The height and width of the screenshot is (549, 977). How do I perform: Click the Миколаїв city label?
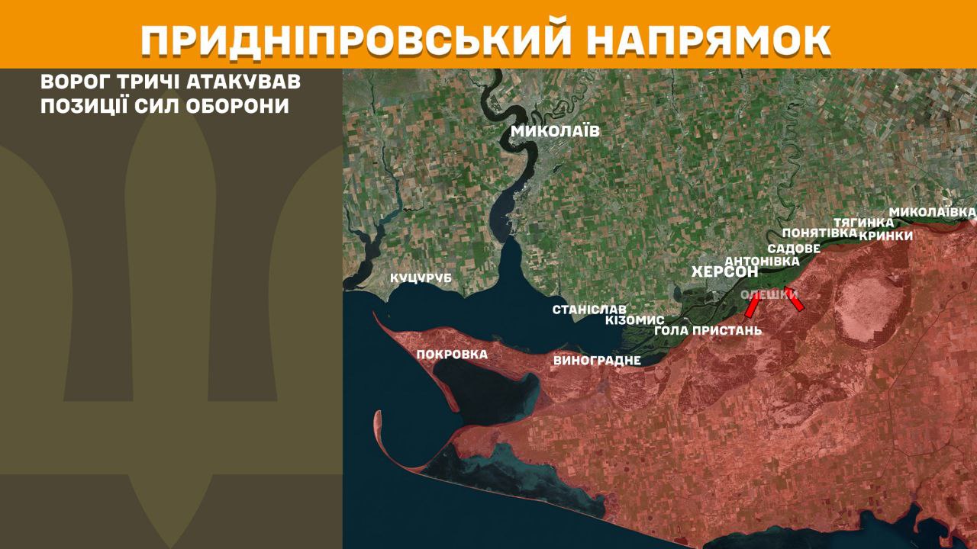point(555,131)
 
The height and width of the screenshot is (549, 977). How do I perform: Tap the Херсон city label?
point(724,271)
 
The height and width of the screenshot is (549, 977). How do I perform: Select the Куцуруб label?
point(421,278)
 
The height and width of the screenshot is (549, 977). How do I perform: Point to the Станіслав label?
point(589,310)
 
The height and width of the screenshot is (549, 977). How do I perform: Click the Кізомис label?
point(634,320)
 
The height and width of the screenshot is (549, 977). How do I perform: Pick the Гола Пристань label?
point(708,331)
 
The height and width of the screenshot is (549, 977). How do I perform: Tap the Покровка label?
point(452,354)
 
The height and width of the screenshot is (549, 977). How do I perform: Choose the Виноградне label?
point(597,360)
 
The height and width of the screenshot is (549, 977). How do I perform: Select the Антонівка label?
point(762,261)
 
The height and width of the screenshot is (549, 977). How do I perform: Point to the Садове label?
point(794,249)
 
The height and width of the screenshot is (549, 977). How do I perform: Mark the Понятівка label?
point(820,233)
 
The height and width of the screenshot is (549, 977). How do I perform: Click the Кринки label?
point(885,236)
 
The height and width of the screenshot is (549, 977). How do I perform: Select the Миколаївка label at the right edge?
point(932,210)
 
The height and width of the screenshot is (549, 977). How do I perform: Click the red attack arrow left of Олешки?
point(752,306)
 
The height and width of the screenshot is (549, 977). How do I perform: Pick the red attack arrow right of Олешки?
point(794,299)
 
